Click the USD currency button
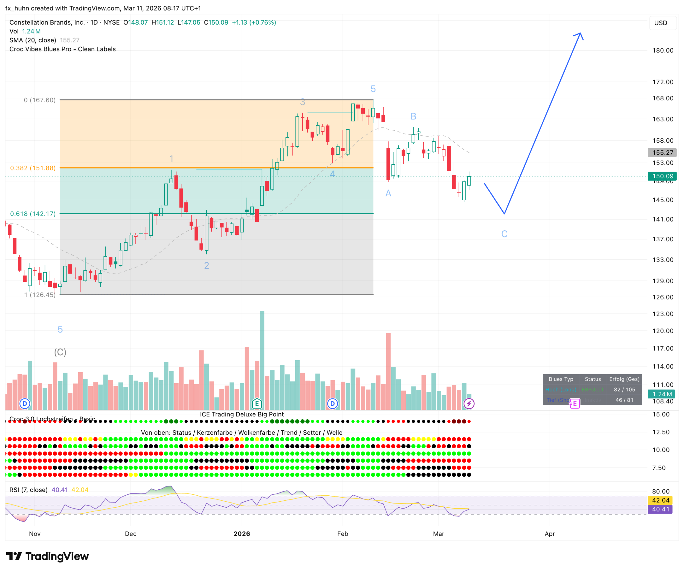tap(660, 23)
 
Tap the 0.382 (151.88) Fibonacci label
tap(33, 168)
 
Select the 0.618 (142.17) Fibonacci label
tap(33, 214)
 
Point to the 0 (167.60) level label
tap(40, 100)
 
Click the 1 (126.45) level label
tap(40, 295)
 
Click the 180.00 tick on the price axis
tap(662, 50)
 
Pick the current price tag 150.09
tap(662, 176)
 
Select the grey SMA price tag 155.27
tap(662, 152)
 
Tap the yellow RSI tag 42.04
tap(660, 500)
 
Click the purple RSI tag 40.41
tap(660, 509)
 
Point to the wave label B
tap(413, 116)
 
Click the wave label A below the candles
tap(388, 193)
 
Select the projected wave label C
tap(504, 234)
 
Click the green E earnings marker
tap(257, 403)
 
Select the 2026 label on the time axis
tap(242, 533)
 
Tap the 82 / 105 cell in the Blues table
tap(624, 390)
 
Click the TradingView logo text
tap(57, 556)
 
